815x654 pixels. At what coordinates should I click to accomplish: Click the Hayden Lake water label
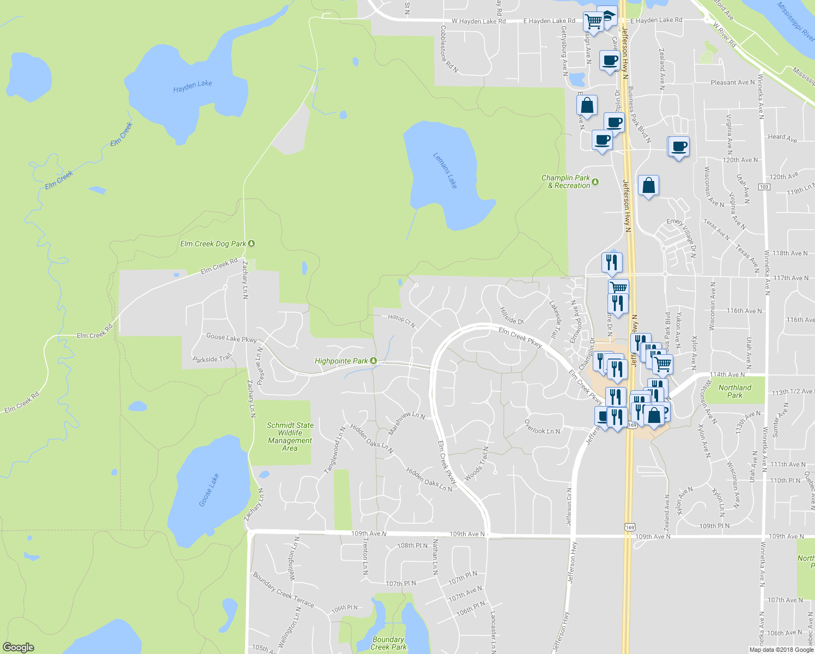tap(192, 86)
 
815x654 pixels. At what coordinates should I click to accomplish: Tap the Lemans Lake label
tap(445, 171)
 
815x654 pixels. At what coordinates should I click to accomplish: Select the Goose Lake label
tap(209, 490)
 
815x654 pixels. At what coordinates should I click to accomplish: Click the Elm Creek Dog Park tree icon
tap(251, 243)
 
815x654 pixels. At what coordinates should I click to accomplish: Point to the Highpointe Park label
tap(341, 361)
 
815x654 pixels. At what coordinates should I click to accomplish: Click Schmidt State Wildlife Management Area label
tap(290, 437)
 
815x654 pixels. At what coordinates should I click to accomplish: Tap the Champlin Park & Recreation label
tap(565, 181)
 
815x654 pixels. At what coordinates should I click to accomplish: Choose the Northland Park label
tap(734, 391)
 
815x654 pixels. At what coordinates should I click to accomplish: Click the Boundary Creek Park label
tap(388, 643)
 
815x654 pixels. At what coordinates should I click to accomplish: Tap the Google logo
tap(18, 647)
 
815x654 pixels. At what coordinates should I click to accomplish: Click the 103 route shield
tap(764, 187)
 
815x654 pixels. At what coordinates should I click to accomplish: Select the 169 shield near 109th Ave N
tap(630, 527)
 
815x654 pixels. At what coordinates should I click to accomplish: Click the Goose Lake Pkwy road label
tap(232, 338)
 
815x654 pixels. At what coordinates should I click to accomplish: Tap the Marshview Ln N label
tap(406, 422)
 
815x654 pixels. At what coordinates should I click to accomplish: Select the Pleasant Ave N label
tap(732, 82)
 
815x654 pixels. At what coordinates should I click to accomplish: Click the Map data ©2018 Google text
tap(781, 649)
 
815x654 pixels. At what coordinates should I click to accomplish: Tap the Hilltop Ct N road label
tap(402, 320)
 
